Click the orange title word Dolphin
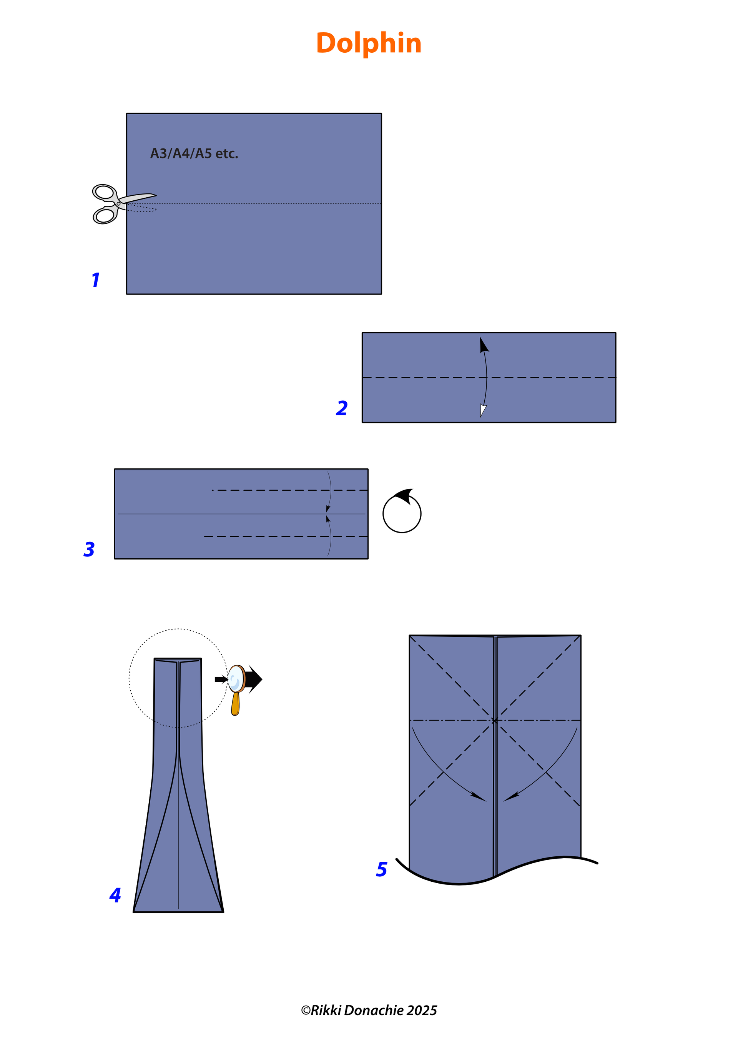(369, 43)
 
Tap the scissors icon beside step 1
(124, 204)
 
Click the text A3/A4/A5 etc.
(194, 154)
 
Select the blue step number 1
(95, 280)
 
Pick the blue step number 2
(342, 408)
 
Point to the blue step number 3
(89, 549)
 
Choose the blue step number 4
(115, 895)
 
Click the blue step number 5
(382, 869)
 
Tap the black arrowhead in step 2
(484, 345)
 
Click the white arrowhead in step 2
(483, 411)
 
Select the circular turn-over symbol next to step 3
(402, 511)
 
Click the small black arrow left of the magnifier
(221, 679)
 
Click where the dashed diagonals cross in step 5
(495, 721)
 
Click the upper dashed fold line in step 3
(290, 490)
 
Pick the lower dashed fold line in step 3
(286, 536)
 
